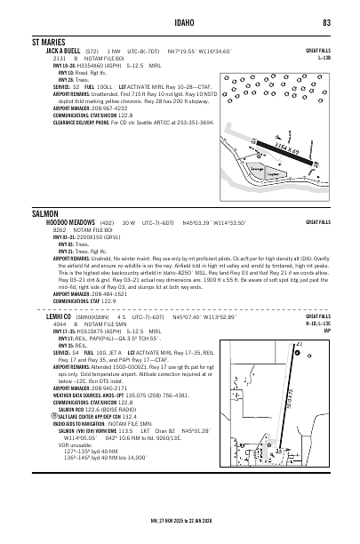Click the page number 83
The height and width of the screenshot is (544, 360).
(326, 22)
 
